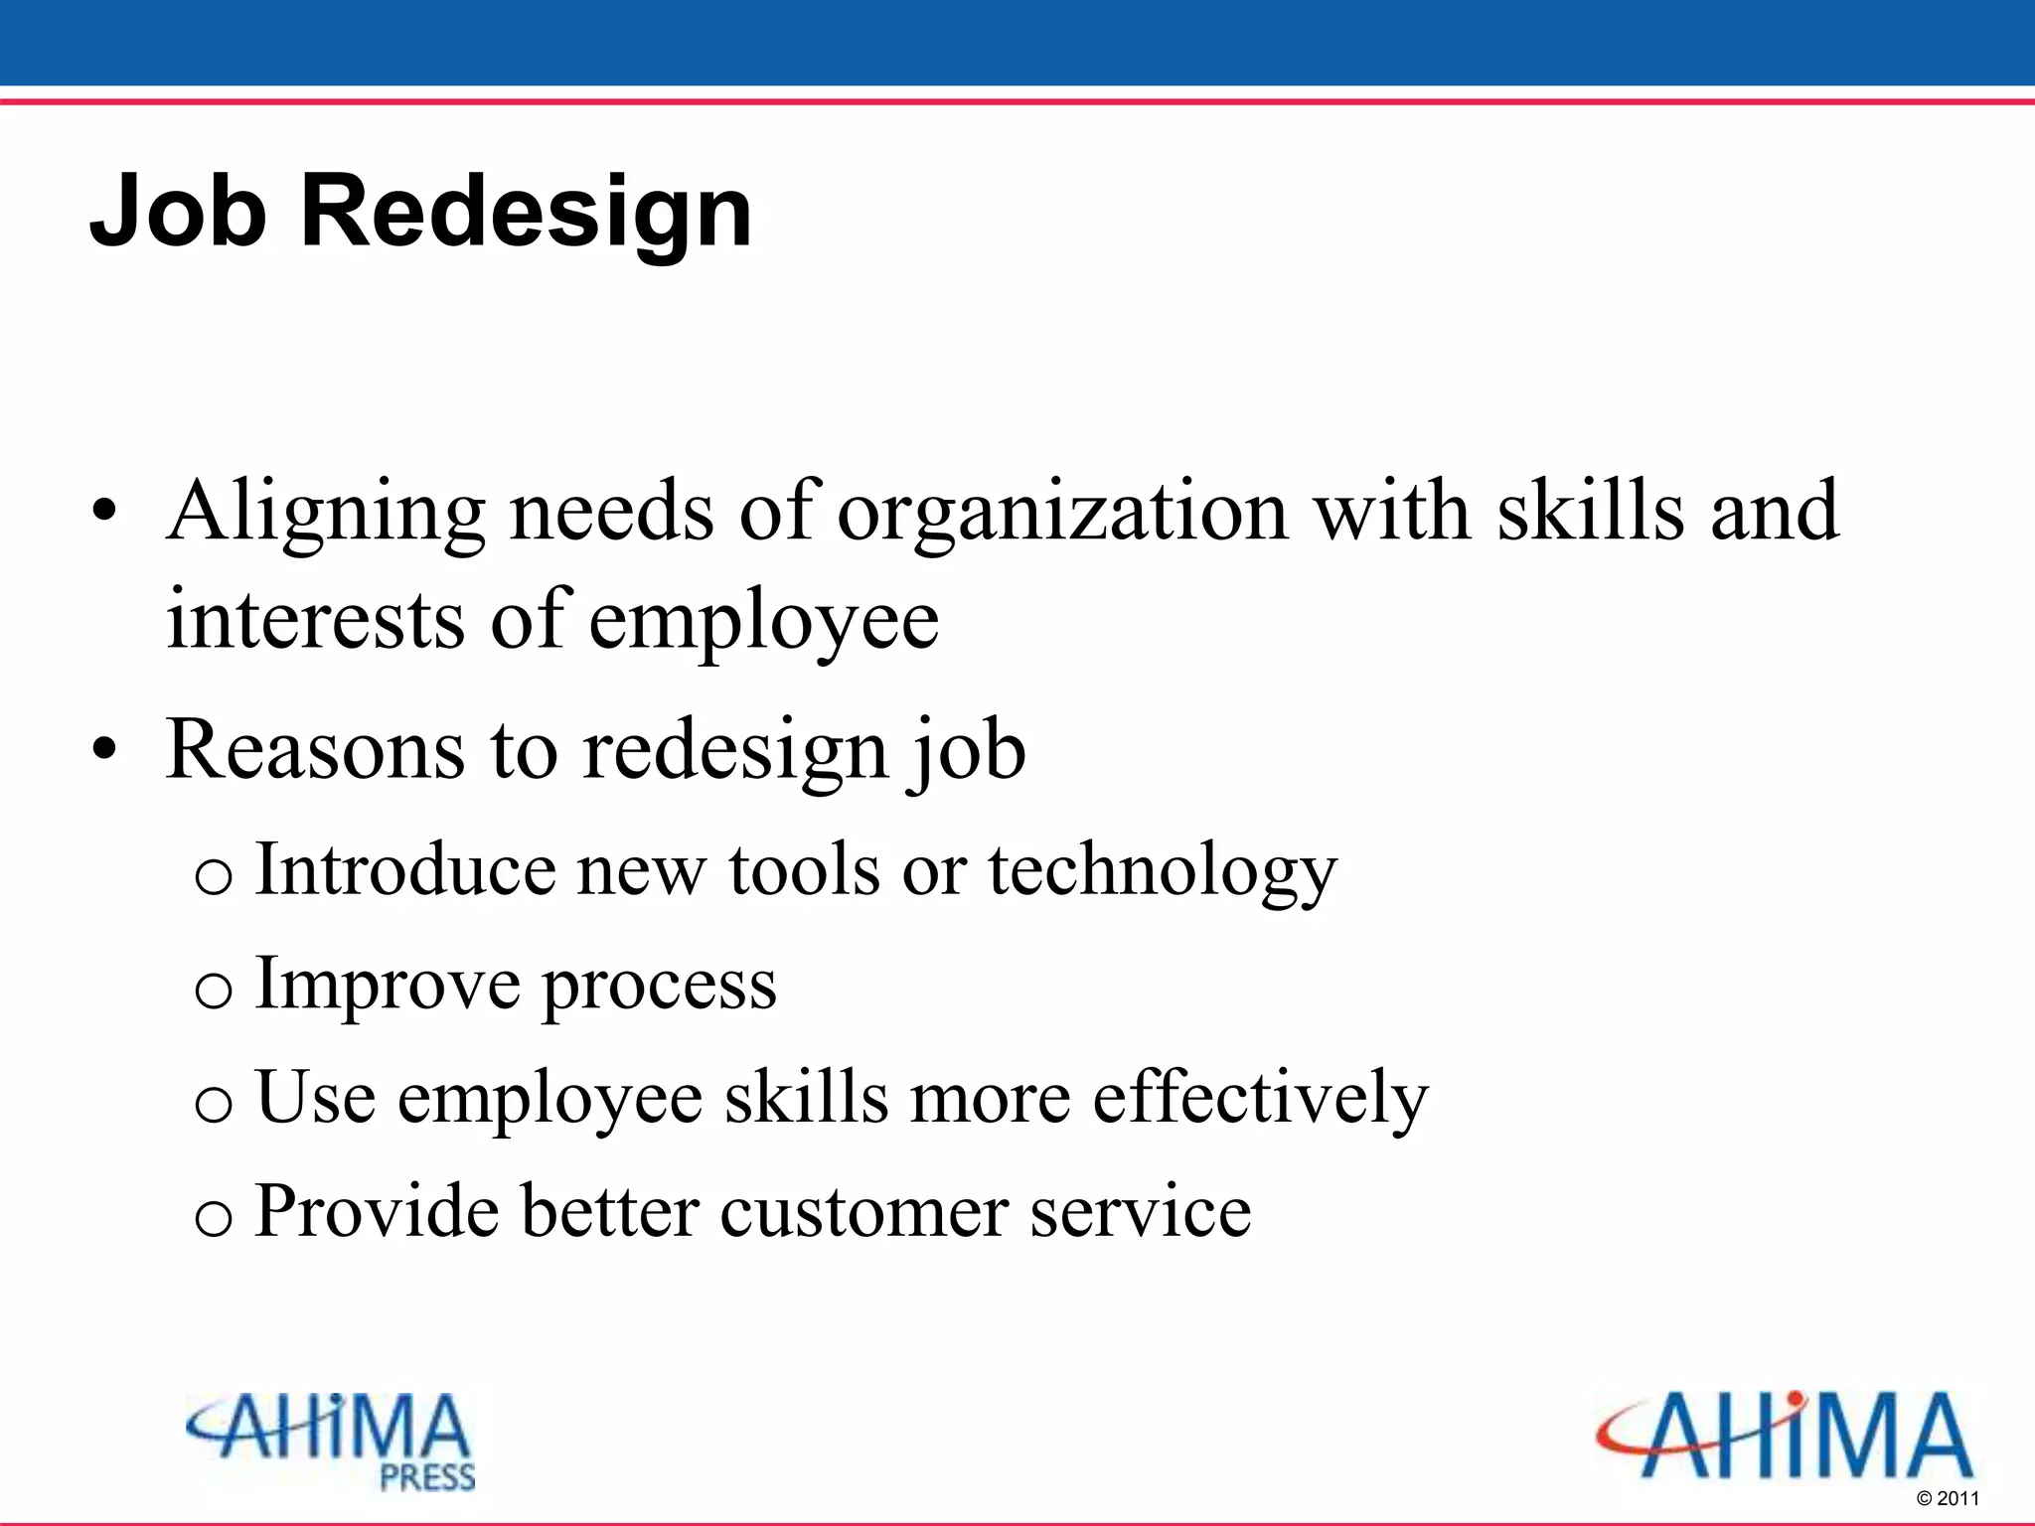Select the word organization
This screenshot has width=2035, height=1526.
(x=1062, y=512)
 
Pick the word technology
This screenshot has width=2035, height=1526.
(x=1163, y=870)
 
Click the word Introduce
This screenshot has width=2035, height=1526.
(x=405, y=870)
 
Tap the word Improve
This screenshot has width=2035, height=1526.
(x=388, y=984)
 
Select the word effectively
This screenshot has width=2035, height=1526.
(x=1260, y=1098)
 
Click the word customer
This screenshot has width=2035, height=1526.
(x=863, y=1211)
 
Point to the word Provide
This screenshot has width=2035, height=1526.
(x=377, y=1211)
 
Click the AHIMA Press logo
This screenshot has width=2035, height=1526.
(x=331, y=1441)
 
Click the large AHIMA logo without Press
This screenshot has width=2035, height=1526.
(x=1785, y=1436)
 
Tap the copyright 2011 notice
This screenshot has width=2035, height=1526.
(x=1947, y=1498)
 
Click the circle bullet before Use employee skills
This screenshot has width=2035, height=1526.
(x=214, y=1104)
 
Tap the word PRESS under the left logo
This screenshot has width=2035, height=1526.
(x=428, y=1477)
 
